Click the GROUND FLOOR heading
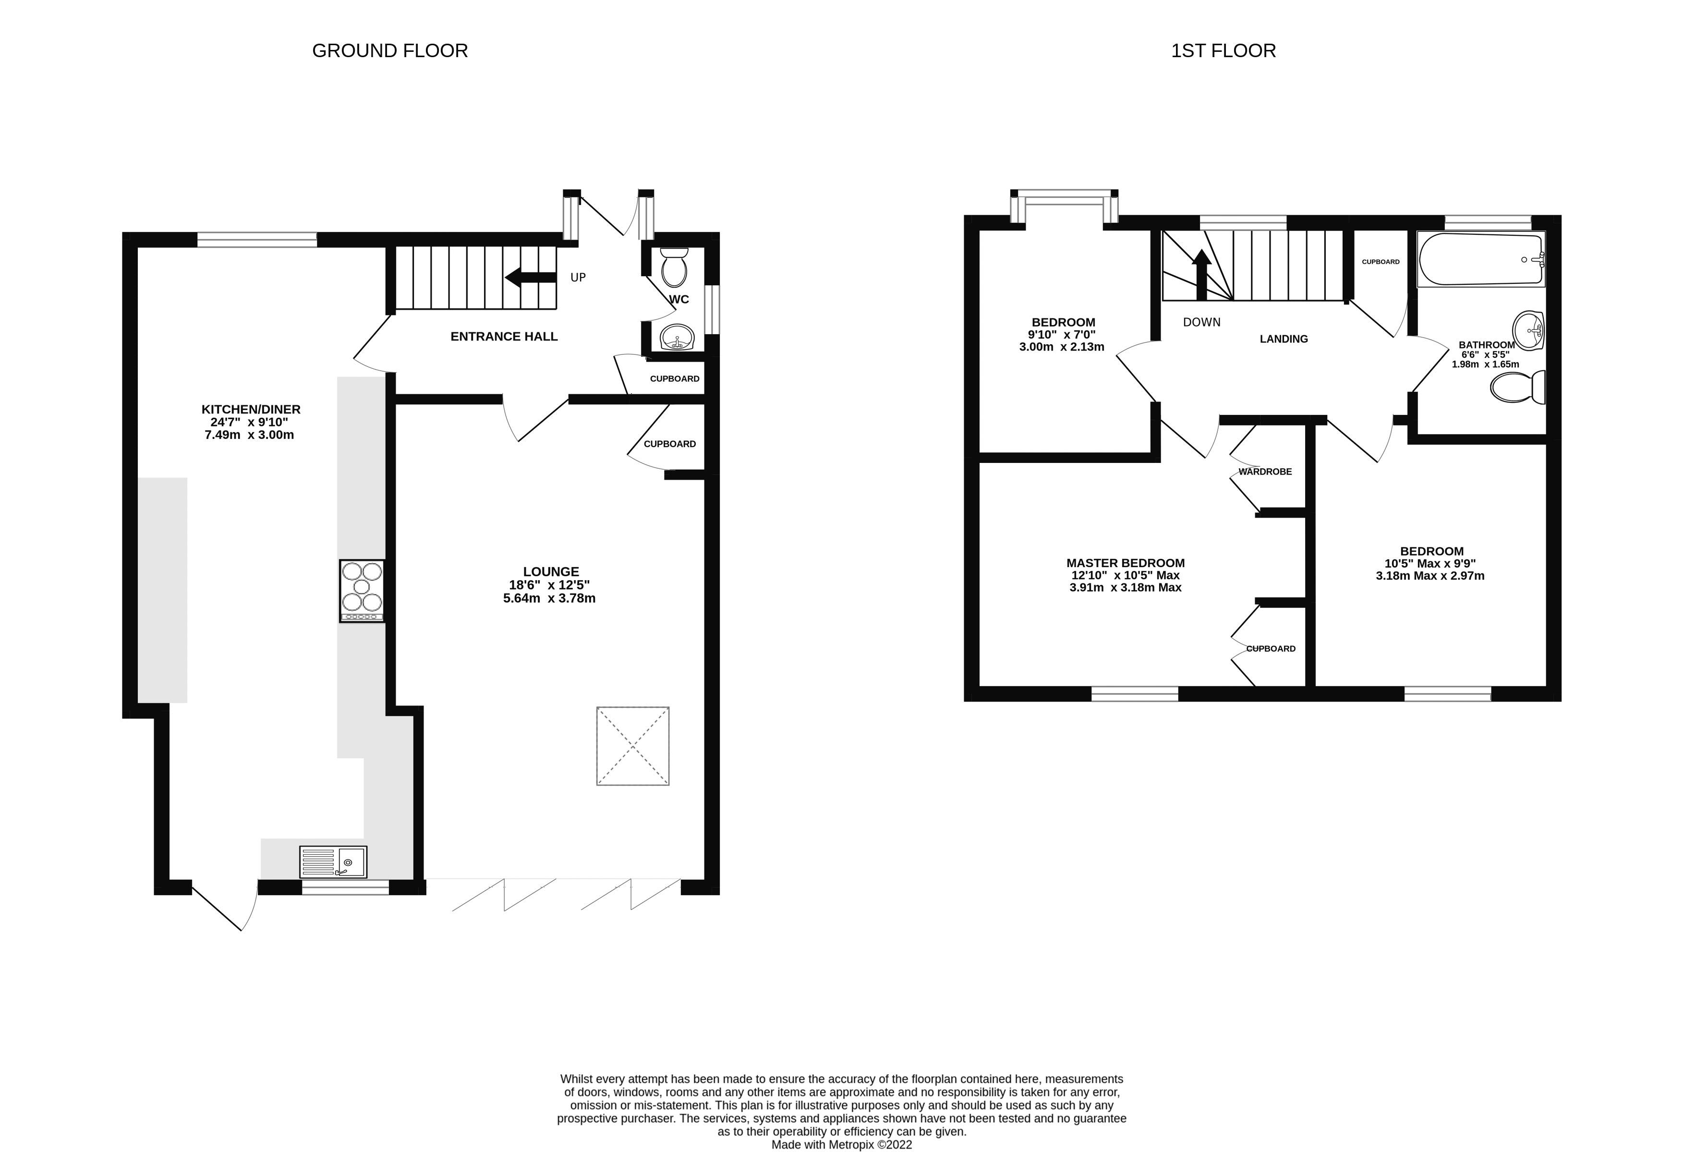click(390, 51)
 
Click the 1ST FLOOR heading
click(1223, 51)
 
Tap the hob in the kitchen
click(362, 591)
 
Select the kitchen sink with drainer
click(333, 861)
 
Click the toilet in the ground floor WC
click(674, 267)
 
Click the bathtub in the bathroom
click(1480, 259)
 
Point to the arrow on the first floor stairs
click(1201, 274)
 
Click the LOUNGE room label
click(551, 571)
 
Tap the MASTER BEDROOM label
click(1126, 563)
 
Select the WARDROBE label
click(1265, 472)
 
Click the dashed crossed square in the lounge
click(632, 746)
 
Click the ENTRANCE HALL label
click(504, 336)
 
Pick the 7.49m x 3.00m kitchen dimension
click(249, 435)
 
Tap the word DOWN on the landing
click(1201, 322)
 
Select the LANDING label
click(1284, 339)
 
